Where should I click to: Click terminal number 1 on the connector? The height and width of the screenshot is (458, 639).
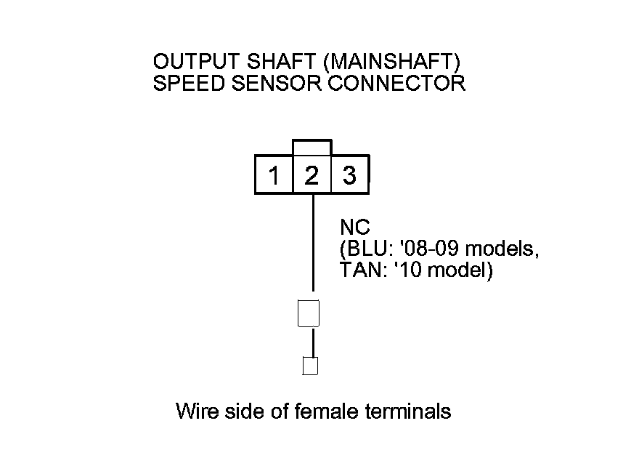click(x=274, y=176)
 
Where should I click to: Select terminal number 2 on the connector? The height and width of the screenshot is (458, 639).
click(x=312, y=176)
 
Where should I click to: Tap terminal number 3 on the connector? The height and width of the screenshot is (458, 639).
click(x=349, y=176)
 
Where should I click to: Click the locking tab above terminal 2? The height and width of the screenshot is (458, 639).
click(x=312, y=148)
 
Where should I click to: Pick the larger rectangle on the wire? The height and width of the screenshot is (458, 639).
click(x=309, y=313)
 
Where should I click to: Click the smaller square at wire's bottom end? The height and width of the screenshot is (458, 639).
click(x=310, y=366)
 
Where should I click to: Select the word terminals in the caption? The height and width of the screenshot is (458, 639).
click(x=407, y=411)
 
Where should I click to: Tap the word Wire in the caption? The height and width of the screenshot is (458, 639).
click(x=193, y=411)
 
